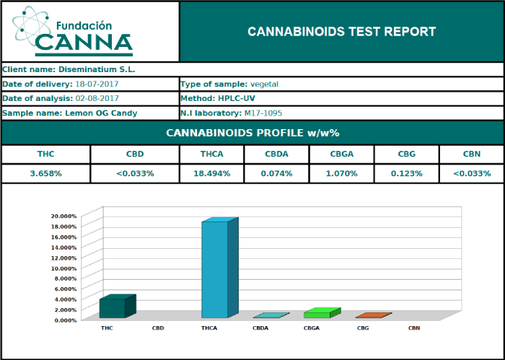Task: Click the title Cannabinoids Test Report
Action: coord(341,32)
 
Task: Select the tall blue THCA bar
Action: coord(215,268)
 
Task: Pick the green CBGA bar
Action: coord(317,313)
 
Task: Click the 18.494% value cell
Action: coord(212,173)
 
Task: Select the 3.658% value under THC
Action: coord(45,173)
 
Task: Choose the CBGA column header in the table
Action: coord(341,154)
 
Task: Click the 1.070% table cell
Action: coord(341,173)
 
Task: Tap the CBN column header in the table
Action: coord(471,154)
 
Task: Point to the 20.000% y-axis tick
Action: coord(64,216)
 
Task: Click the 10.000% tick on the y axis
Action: coord(64,268)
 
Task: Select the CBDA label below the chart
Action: coord(260,328)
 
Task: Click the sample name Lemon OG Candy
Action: coord(101,113)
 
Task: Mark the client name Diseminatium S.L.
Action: coord(97,70)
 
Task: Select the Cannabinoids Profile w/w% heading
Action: coord(252,133)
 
